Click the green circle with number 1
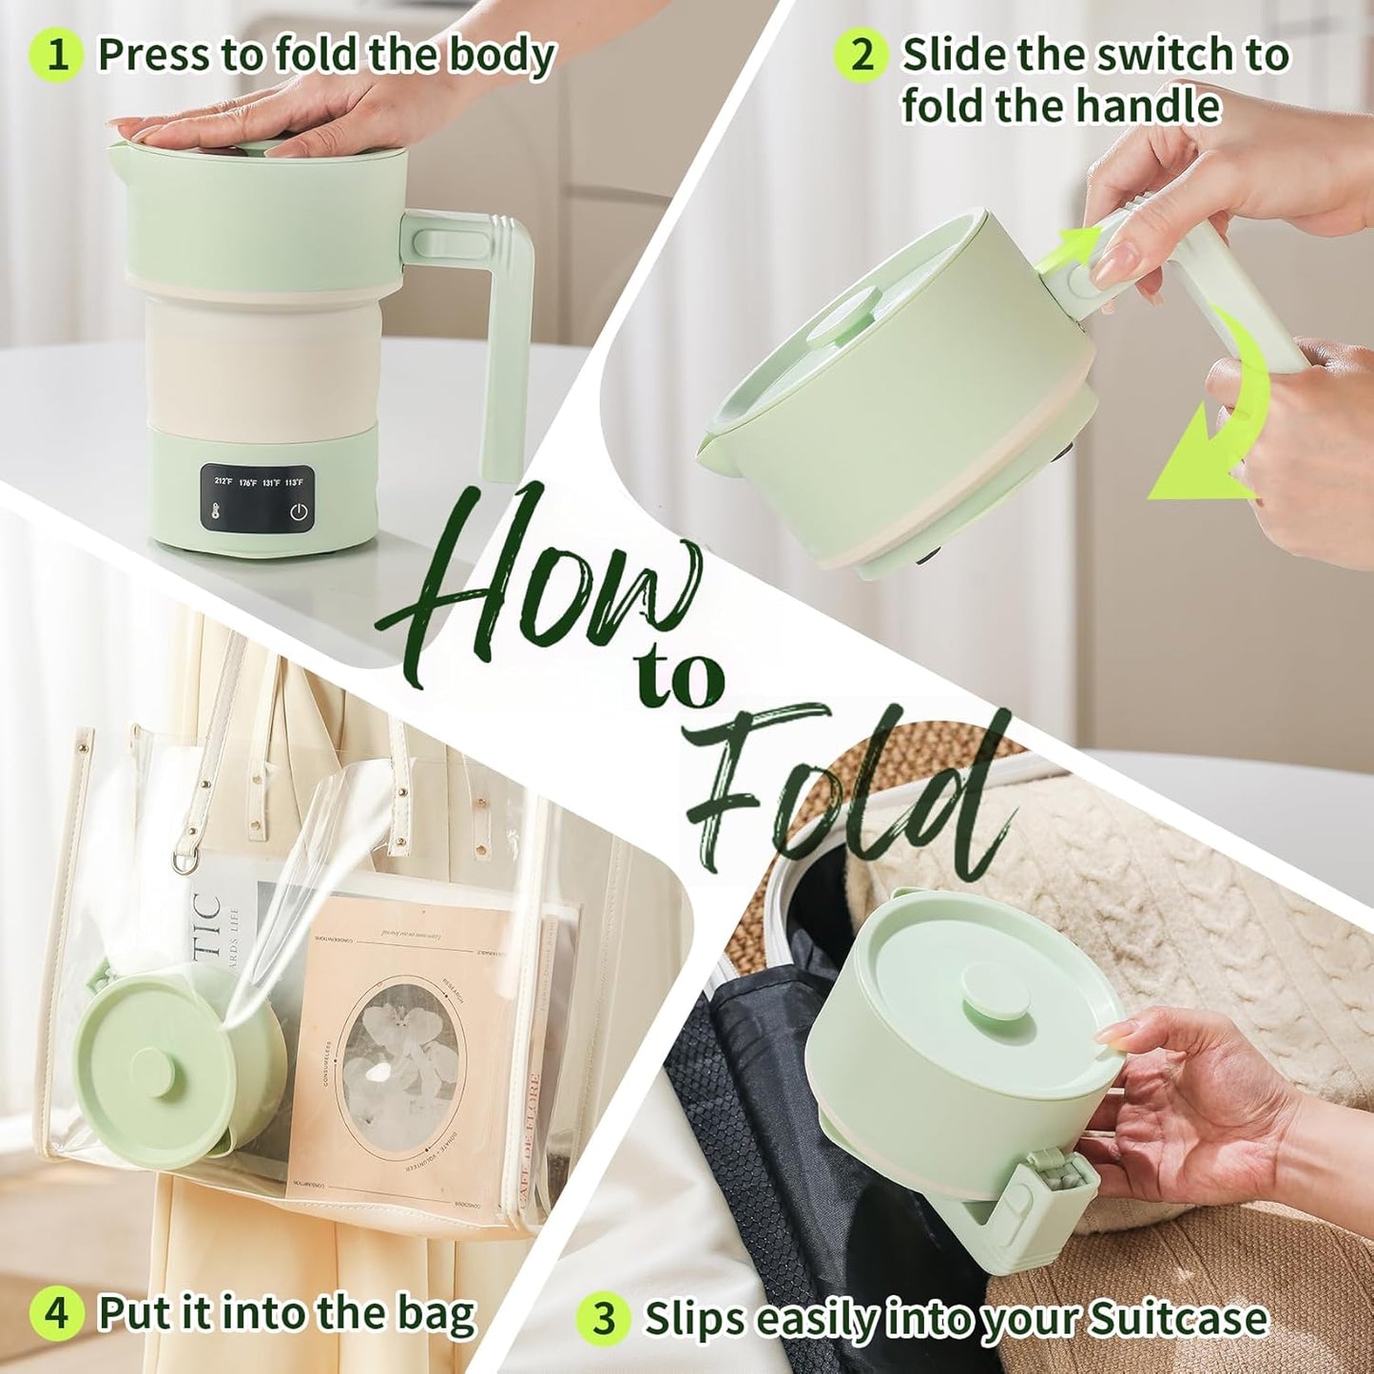point(57,55)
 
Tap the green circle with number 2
point(861,54)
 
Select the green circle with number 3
point(604,1319)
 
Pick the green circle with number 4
point(57,1313)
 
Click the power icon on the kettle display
point(299,513)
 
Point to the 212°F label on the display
point(223,482)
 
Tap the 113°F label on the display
point(294,482)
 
